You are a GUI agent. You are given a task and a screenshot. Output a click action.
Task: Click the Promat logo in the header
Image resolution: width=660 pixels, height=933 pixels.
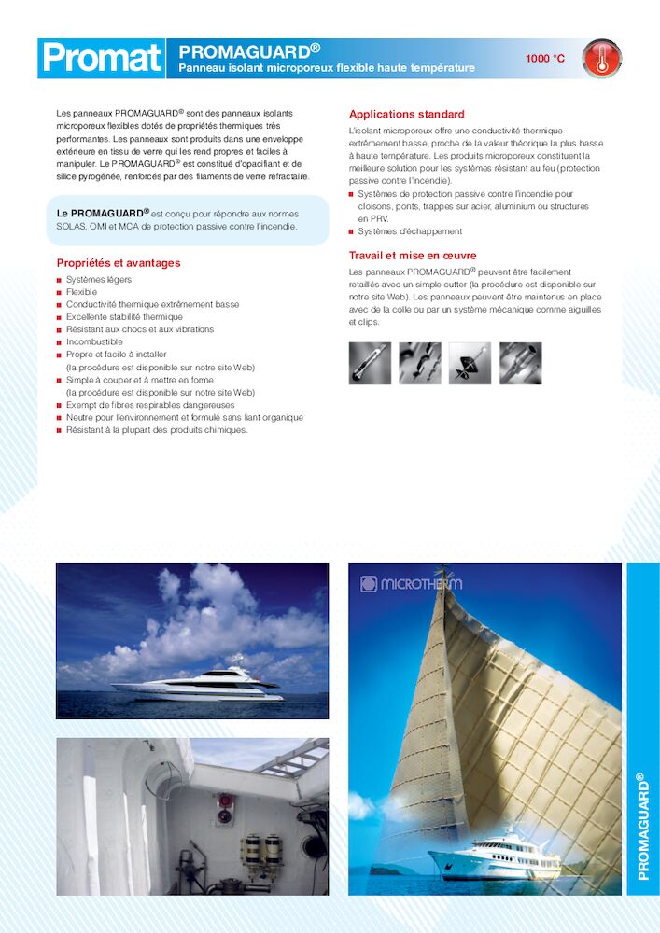tap(101, 58)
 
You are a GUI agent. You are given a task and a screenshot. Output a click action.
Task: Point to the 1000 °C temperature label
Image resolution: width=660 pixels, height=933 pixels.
tap(544, 59)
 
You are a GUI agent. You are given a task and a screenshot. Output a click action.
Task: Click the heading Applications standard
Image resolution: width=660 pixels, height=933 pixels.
tap(406, 115)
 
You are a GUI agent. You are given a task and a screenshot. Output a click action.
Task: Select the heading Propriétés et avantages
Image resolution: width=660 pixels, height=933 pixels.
tap(119, 263)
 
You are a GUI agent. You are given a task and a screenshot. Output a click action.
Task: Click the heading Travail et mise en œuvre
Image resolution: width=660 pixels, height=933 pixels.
tap(413, 256)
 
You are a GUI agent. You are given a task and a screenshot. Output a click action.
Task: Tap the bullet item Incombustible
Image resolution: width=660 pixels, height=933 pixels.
tap(94, 342)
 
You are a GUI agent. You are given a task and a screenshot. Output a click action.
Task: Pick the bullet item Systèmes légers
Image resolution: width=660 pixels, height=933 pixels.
tap(99, 280)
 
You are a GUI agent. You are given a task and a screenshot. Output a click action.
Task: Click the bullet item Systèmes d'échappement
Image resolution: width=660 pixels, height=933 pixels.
tap(410, 231)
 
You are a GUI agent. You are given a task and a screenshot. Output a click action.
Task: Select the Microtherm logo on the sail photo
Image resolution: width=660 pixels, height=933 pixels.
tap(411, 584)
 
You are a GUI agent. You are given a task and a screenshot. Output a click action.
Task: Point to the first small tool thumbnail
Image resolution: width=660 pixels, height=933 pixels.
tap(370, 363)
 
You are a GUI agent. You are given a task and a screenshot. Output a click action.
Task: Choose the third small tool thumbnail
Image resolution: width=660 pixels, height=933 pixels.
tap(470, 363)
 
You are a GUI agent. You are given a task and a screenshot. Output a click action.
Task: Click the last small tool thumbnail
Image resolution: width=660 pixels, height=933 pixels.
tap(520, 363)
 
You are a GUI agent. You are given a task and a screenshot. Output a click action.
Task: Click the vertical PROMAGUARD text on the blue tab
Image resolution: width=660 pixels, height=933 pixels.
tap(642, 827)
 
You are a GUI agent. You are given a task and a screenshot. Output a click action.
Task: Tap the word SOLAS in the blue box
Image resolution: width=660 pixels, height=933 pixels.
tap(75, 227)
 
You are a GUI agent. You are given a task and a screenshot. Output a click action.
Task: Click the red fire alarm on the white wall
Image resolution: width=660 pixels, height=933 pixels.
tap(224, 808)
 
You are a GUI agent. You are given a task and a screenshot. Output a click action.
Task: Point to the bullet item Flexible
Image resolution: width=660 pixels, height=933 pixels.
tap(81, 292)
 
